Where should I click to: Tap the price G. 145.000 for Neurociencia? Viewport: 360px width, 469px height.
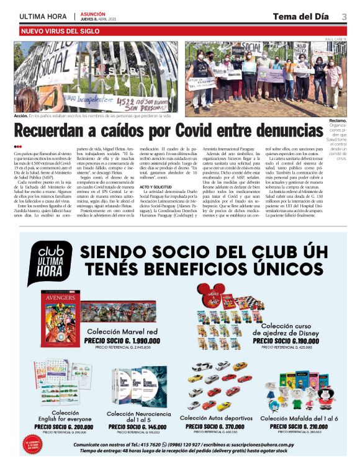(x=138, y=427)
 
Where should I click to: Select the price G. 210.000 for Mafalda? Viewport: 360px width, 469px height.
(x=304, y=427)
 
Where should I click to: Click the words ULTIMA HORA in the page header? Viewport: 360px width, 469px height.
(x=43, y=16)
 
